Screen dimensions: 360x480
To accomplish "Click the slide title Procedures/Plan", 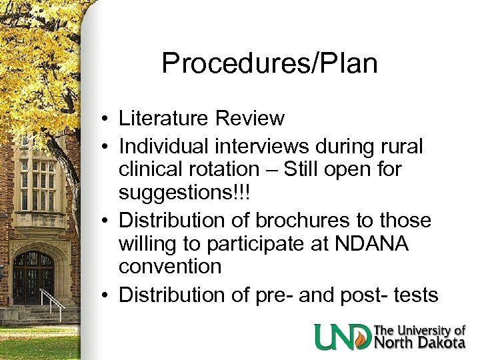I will tap(269, 63).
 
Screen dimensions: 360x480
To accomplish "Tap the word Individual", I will tap(166, 144).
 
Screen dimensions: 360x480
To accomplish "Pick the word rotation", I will tap(233, 169).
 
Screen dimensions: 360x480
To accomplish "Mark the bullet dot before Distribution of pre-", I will tap(106, 295).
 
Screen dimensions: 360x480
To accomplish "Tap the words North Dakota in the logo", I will tap(419, 343).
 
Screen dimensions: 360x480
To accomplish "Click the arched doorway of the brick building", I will tap(33, 277).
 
